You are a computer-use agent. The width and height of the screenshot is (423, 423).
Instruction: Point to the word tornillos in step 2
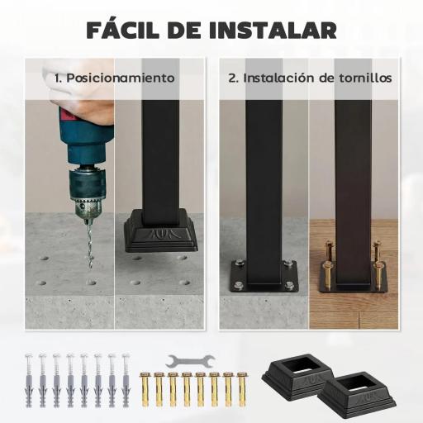363,78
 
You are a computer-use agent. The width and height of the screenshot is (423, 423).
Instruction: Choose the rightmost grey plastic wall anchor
126,377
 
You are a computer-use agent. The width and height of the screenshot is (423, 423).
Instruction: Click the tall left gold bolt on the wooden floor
330,258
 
